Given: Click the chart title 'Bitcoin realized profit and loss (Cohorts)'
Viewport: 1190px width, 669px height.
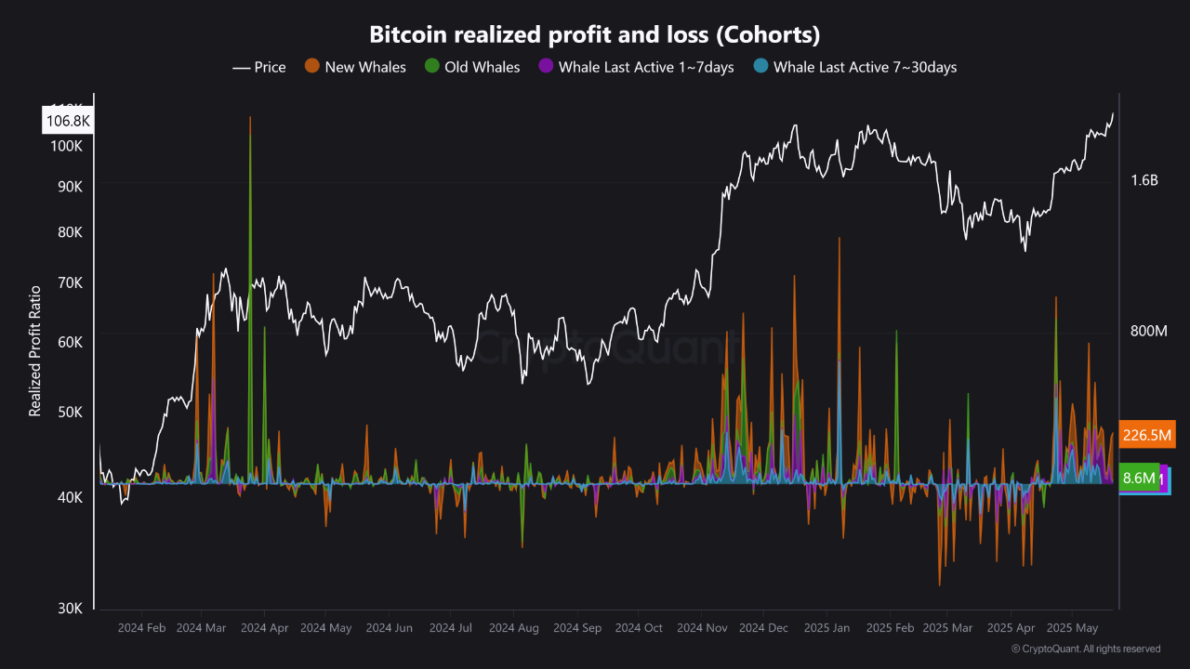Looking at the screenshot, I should [x=595, y=34].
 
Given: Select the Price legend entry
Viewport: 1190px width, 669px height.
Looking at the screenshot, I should [x=259, y=67].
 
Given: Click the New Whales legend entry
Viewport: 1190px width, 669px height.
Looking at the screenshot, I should [x=356, y=67].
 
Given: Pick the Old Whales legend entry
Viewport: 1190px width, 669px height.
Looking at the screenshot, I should [x=471, y=67].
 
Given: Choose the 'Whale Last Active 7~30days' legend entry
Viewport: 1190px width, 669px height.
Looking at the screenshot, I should [x=854, y=67].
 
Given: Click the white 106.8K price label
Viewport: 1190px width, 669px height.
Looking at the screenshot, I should [x=68, y=121].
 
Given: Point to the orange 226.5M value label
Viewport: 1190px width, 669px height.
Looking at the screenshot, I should [x=1147, y=435].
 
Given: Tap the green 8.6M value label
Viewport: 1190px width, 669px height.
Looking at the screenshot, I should [x=1139, y=479].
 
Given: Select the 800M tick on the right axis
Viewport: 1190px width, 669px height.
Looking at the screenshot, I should [x=1148, y=332].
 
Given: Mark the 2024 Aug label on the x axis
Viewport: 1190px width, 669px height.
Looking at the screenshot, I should [x=513, y=628].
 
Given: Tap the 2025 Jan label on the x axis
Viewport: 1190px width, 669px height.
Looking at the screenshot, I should [x=826, y=628].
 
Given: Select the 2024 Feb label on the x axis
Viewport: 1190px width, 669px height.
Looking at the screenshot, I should [x=141, y=628].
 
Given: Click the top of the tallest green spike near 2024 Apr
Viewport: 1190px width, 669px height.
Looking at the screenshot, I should [x=250, y=118].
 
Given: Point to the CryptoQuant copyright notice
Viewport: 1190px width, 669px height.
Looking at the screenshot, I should [x=1085, y=649].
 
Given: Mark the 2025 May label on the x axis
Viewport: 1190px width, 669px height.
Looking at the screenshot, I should [x=1072, y=628].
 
